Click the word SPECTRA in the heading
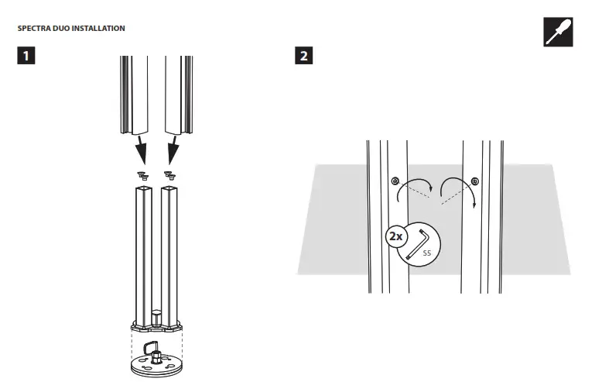(33, 29)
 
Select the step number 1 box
(26, 57)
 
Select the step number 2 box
(304, 57)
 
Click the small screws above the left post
(142, 174)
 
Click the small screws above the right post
(169, 174)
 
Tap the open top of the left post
(144, 188)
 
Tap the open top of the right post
(170, 188)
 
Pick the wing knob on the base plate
(151, 346)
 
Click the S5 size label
(426, 253)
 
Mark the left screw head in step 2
(395, 181)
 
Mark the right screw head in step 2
(474, 181)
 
